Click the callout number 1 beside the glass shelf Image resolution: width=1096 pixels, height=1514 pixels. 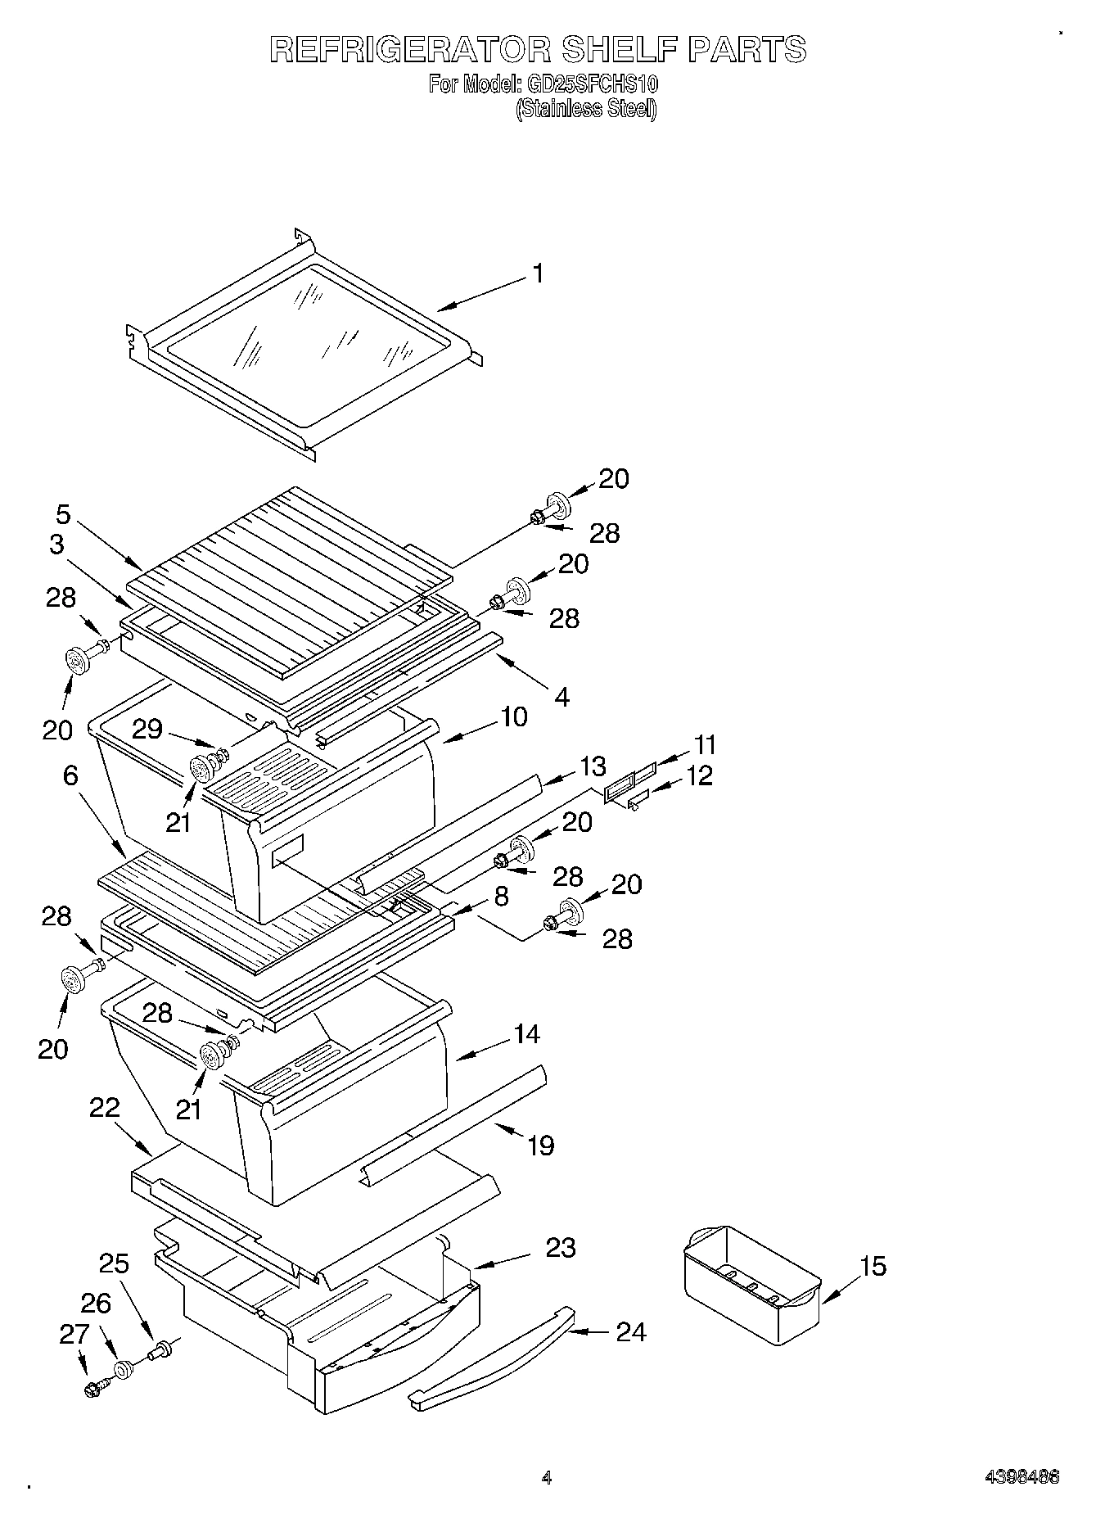coord(537,273)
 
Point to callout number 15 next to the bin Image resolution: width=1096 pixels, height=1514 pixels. coord(873,1267)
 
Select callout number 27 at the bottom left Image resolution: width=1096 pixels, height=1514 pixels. coord(73,1334)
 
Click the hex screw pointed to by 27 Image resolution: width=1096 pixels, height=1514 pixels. coord(92,1389)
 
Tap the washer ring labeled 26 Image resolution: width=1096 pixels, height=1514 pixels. coord(124,1369)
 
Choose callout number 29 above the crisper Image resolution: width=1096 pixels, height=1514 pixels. coord(147,729)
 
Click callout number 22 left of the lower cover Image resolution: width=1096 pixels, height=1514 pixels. coord(105,1108)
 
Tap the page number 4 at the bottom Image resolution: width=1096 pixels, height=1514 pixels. coord(546,1478)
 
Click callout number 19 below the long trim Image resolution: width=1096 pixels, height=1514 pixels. coord(540,1145)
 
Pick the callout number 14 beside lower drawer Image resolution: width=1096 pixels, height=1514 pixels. coord(526,1034)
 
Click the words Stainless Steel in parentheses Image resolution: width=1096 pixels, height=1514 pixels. coord(586,109)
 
